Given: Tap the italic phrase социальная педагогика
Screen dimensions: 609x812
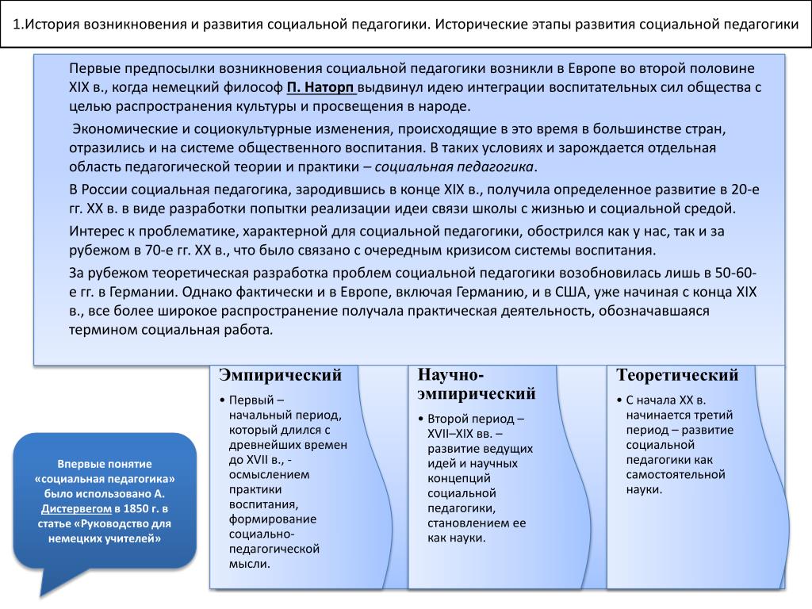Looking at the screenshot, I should tap(454, 167).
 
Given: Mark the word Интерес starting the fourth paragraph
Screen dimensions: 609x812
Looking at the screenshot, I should tap(94, 231).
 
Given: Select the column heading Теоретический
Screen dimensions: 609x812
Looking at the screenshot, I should tap(677, 375).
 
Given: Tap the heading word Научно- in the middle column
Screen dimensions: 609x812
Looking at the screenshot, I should tap(450, 375).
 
